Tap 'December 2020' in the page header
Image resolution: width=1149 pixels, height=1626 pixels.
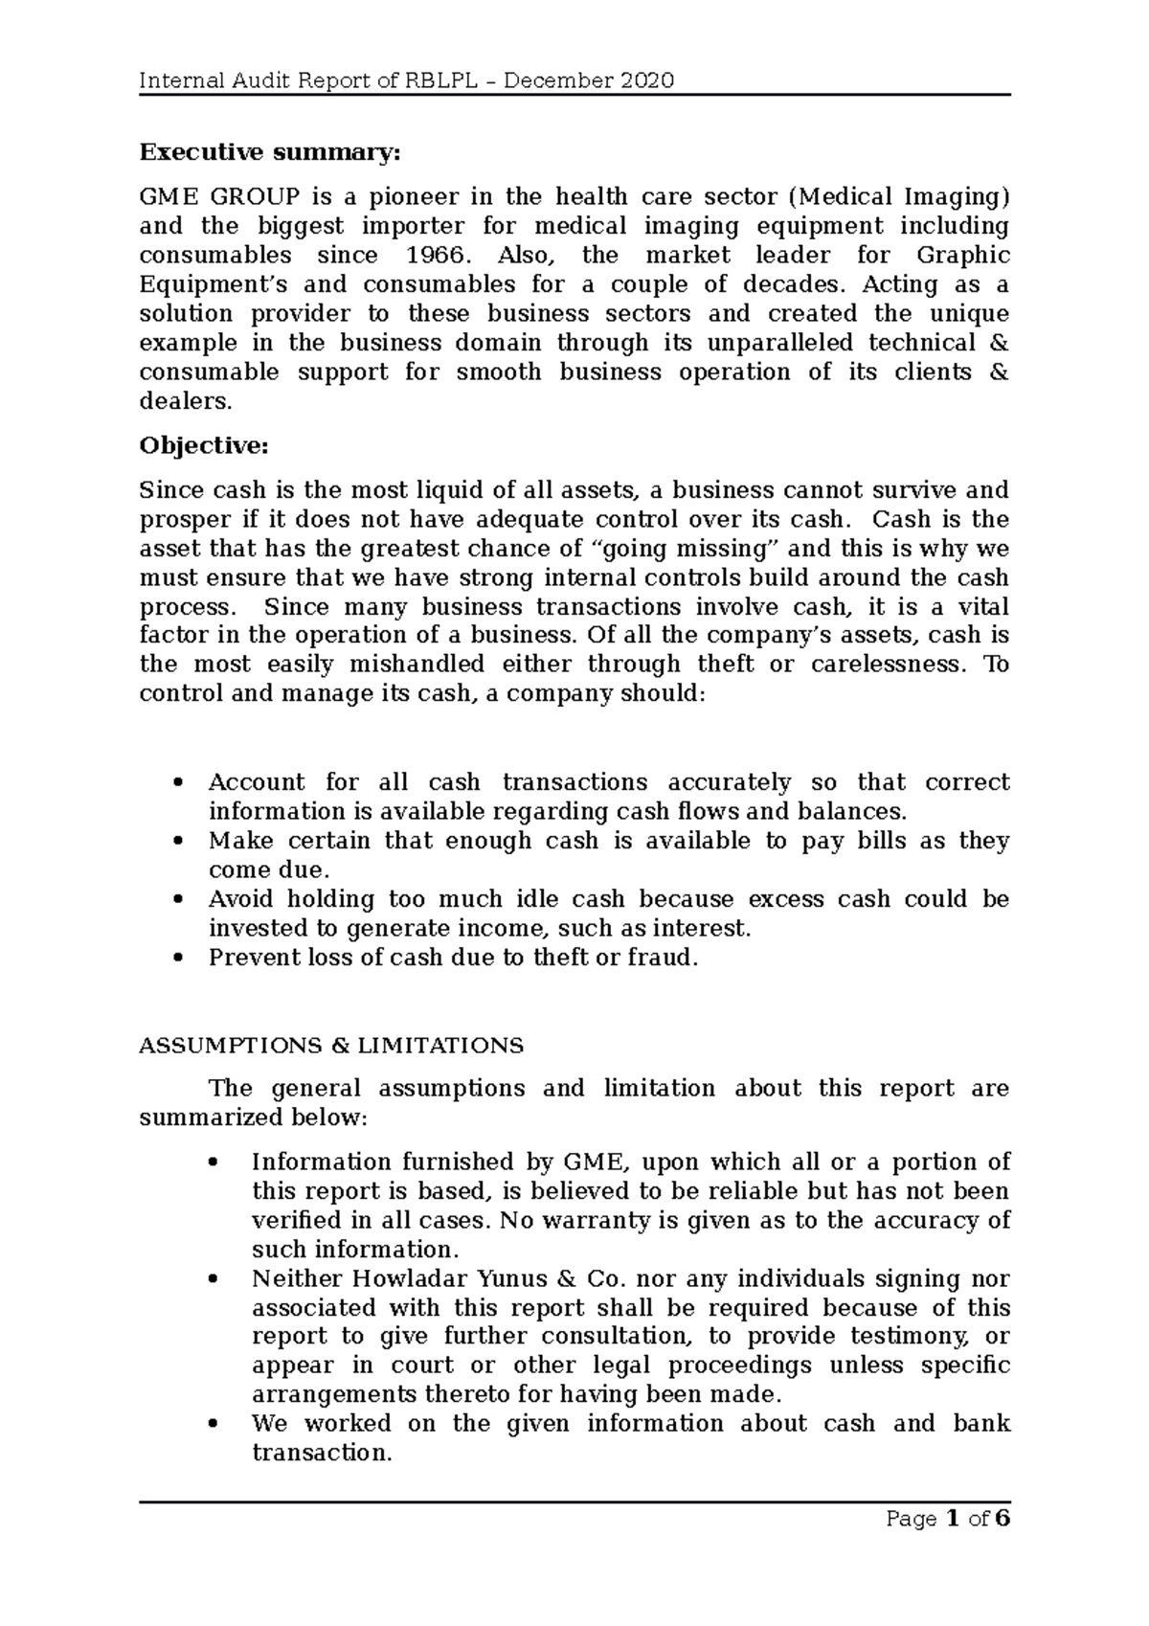tap(589, 80)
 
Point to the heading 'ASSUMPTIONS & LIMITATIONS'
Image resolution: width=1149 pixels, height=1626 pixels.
tap(331, 1045)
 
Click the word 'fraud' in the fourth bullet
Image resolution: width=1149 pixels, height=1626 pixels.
tap(656, 958)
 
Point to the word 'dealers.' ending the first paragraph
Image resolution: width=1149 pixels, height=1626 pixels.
tap(186, 402)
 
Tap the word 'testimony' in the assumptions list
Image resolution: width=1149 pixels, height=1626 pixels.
tap(916, 1337)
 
